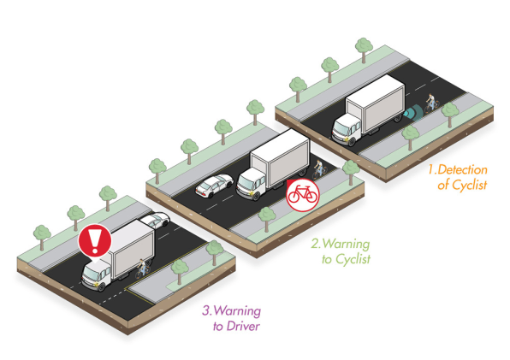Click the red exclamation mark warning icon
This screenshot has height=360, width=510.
(95, 241)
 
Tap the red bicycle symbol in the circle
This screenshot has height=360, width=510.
(302, 195)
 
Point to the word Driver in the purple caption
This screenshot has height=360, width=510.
(243, 326)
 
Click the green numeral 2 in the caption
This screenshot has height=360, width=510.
(315, 244)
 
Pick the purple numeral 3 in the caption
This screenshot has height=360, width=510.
(206, 310)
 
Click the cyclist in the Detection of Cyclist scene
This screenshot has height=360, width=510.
(431, 103)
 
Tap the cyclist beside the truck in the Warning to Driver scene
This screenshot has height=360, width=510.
(142, 269)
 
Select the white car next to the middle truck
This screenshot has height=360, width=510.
(214, 186)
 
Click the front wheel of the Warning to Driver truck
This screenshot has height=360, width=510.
(101, 286)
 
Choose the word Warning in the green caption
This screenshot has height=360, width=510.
(347, 244)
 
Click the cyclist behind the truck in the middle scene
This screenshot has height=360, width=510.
(318, 169)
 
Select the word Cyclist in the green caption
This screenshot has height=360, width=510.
(353, 259)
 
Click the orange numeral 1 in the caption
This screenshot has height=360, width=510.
(431, 169)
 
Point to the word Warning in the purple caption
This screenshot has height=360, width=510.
(238, 310)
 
